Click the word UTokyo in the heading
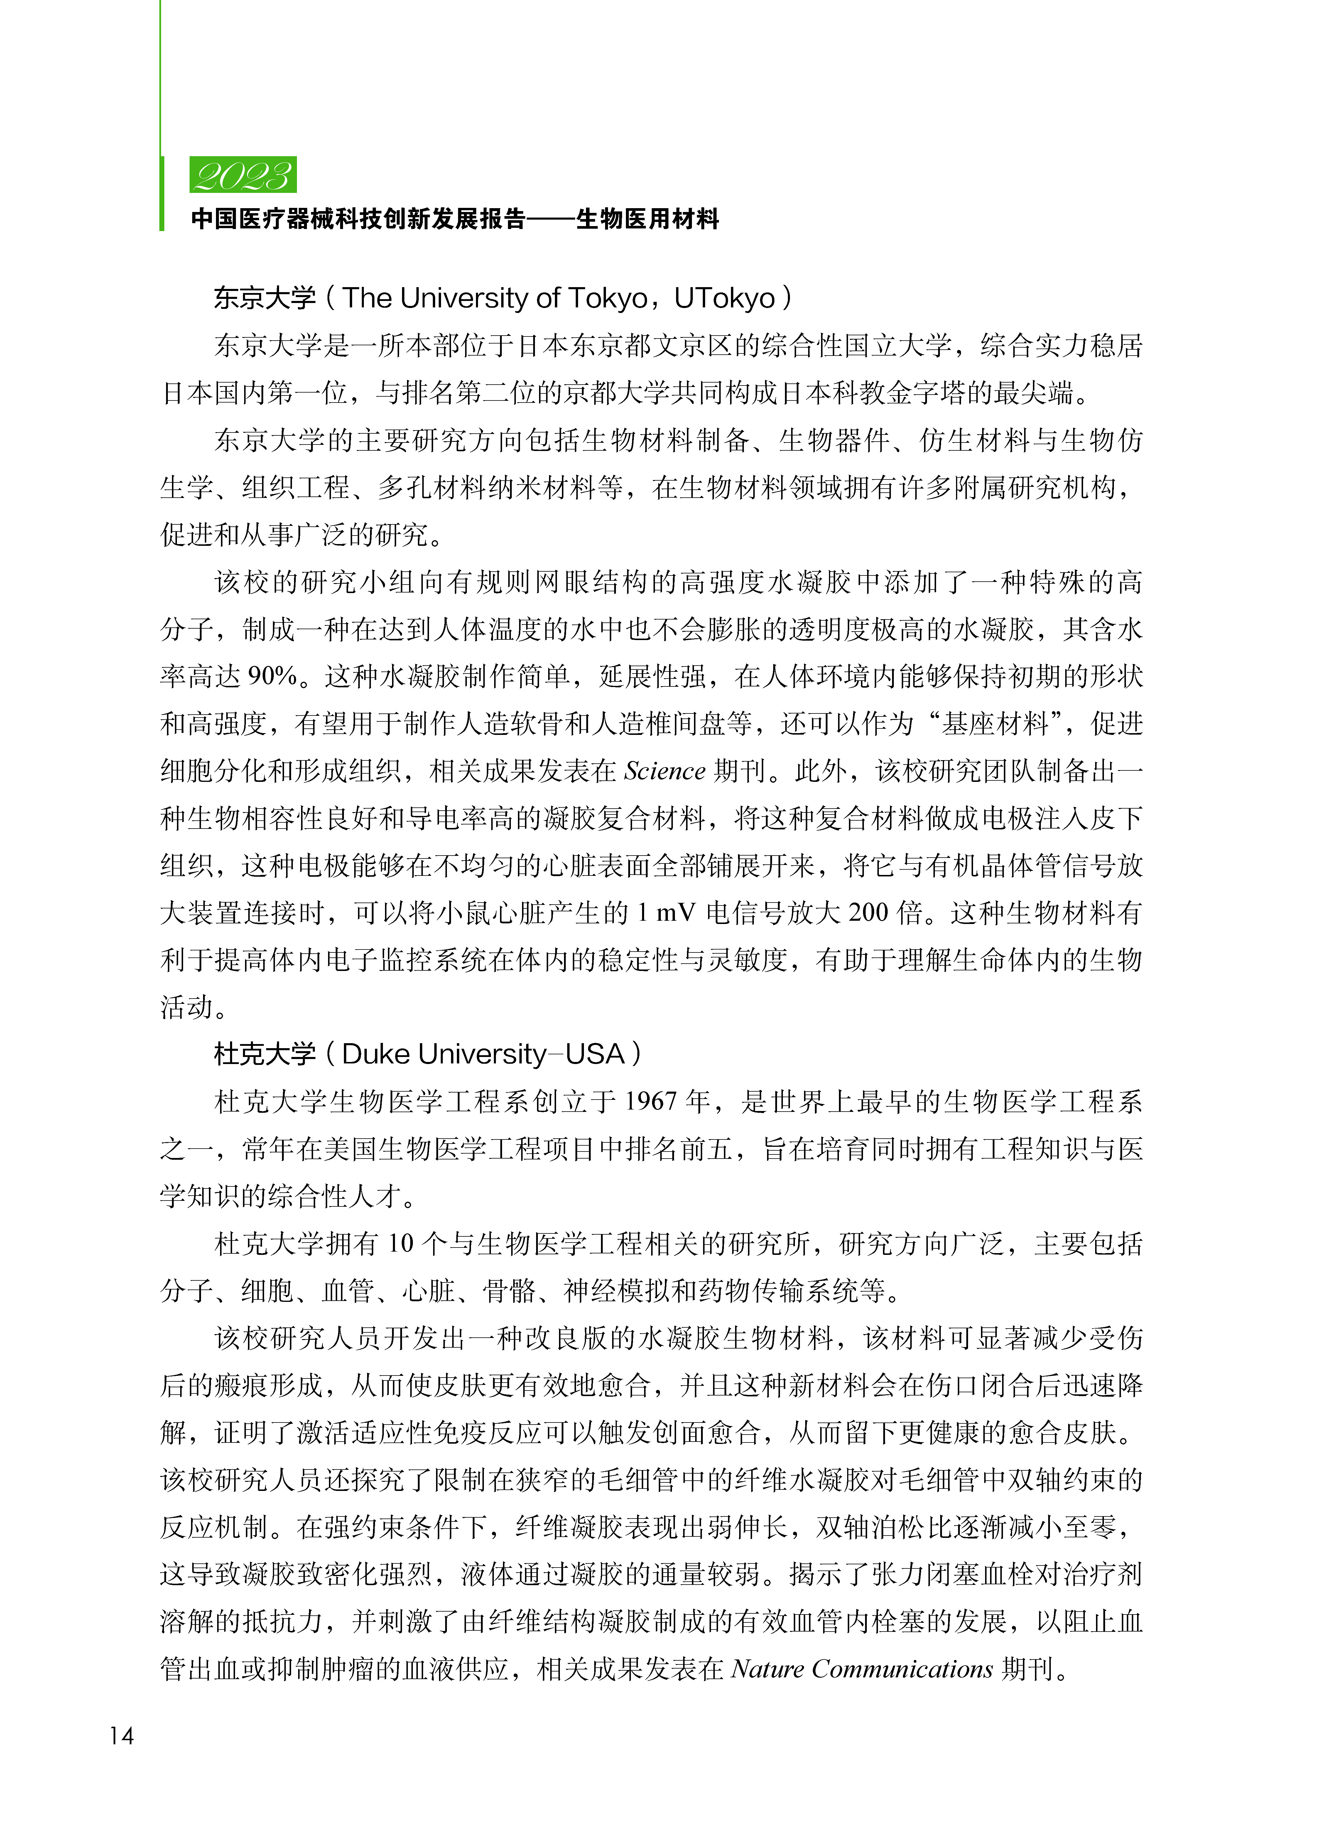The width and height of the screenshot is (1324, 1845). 724,299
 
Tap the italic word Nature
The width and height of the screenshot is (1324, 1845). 768,1669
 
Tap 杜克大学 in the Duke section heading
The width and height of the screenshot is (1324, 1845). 264,1054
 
